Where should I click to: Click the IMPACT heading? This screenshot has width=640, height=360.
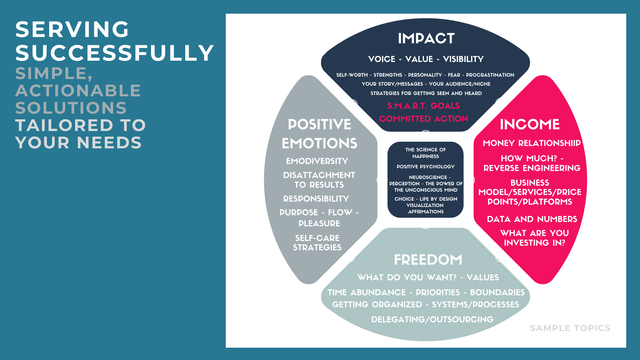pyautogui.click(x=426, y=38)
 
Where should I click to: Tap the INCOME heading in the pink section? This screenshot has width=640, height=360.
pyautogui.click(x=530, y=124)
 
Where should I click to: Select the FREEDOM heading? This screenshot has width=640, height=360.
pyautogui.click(x=428, y=260)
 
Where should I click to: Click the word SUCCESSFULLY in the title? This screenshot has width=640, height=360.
pyautogui.click(x=115, y=53)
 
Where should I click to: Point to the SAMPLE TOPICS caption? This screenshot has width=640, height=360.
pyautogui.click(x=570, y=328)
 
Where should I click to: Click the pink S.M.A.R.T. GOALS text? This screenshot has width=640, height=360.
pyautogui.click(x=423, y=106)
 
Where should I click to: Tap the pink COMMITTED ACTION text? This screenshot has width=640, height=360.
pyautogui.click(x=423, y=119)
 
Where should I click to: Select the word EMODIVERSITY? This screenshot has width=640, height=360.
pyautogui.click(x=317, y=161)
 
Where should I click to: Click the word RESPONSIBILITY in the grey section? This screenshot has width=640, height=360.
pyautogui.click(x=316, y=199)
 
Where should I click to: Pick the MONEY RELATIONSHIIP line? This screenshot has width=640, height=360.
pyautogui.click(x=532, y=143)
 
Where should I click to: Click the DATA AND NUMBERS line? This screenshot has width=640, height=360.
pyautogui.click(x=532, y=219)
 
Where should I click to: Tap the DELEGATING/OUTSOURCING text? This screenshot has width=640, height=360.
pyautogui.click(x=432, y=319)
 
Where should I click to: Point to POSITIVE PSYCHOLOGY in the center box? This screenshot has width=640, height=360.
pyautogui.click(x=425, y=167)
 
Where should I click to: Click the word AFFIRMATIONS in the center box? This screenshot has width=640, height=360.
pyautogui.click(x=426, y=212)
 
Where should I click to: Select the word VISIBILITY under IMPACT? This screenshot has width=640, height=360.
pyautogui.click(x=463, y=59)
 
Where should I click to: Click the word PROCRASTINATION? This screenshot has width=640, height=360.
pyautogui.click(x=490, y=75)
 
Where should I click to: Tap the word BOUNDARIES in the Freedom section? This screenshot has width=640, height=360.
pyautogui.click(x=497, y=292)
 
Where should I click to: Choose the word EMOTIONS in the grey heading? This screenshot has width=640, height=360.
pyautogui.click(x=319, y=143)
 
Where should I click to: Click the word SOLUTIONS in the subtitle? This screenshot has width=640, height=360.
pyautogui.click(x=71, y=108)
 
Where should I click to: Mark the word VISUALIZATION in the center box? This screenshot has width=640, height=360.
pyautogui.click(x=425, y=205)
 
